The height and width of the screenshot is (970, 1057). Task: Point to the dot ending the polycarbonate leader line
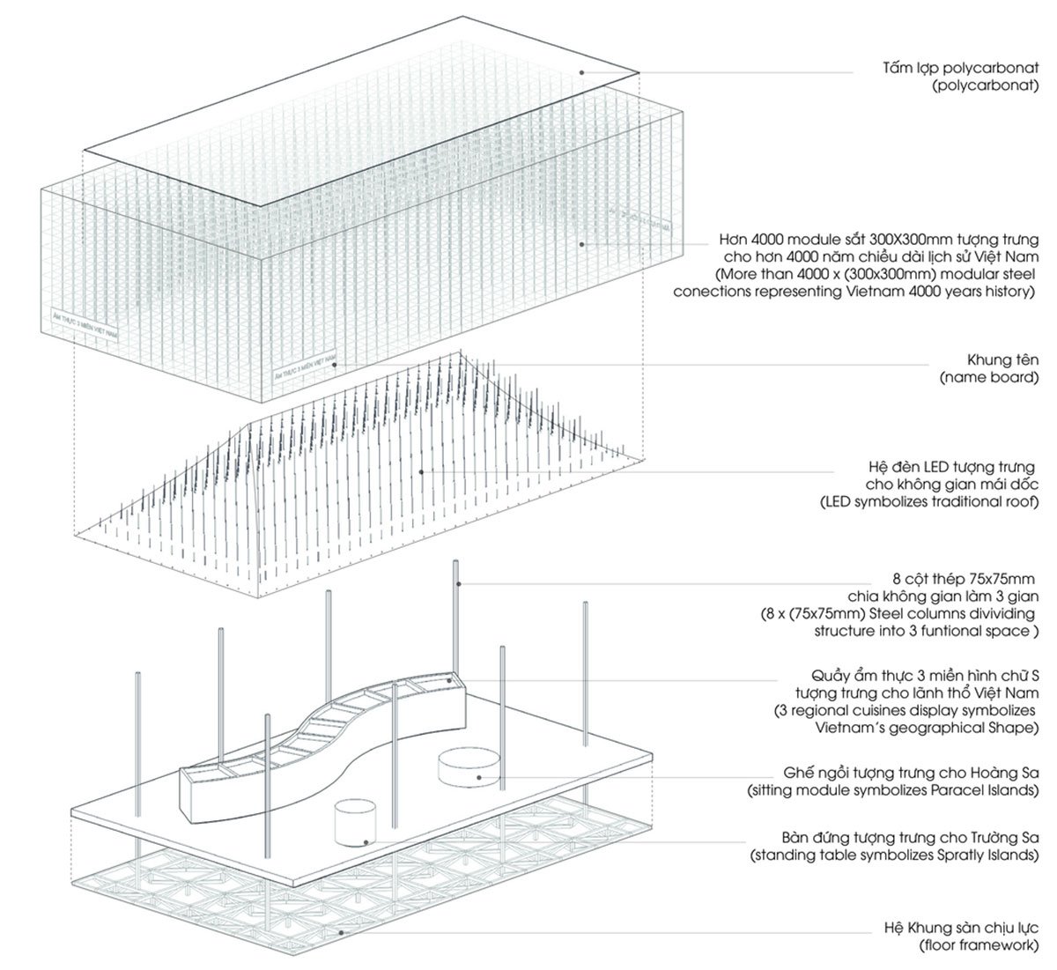click(581, 71)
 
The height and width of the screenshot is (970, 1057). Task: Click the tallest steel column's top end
click(455, 562)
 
